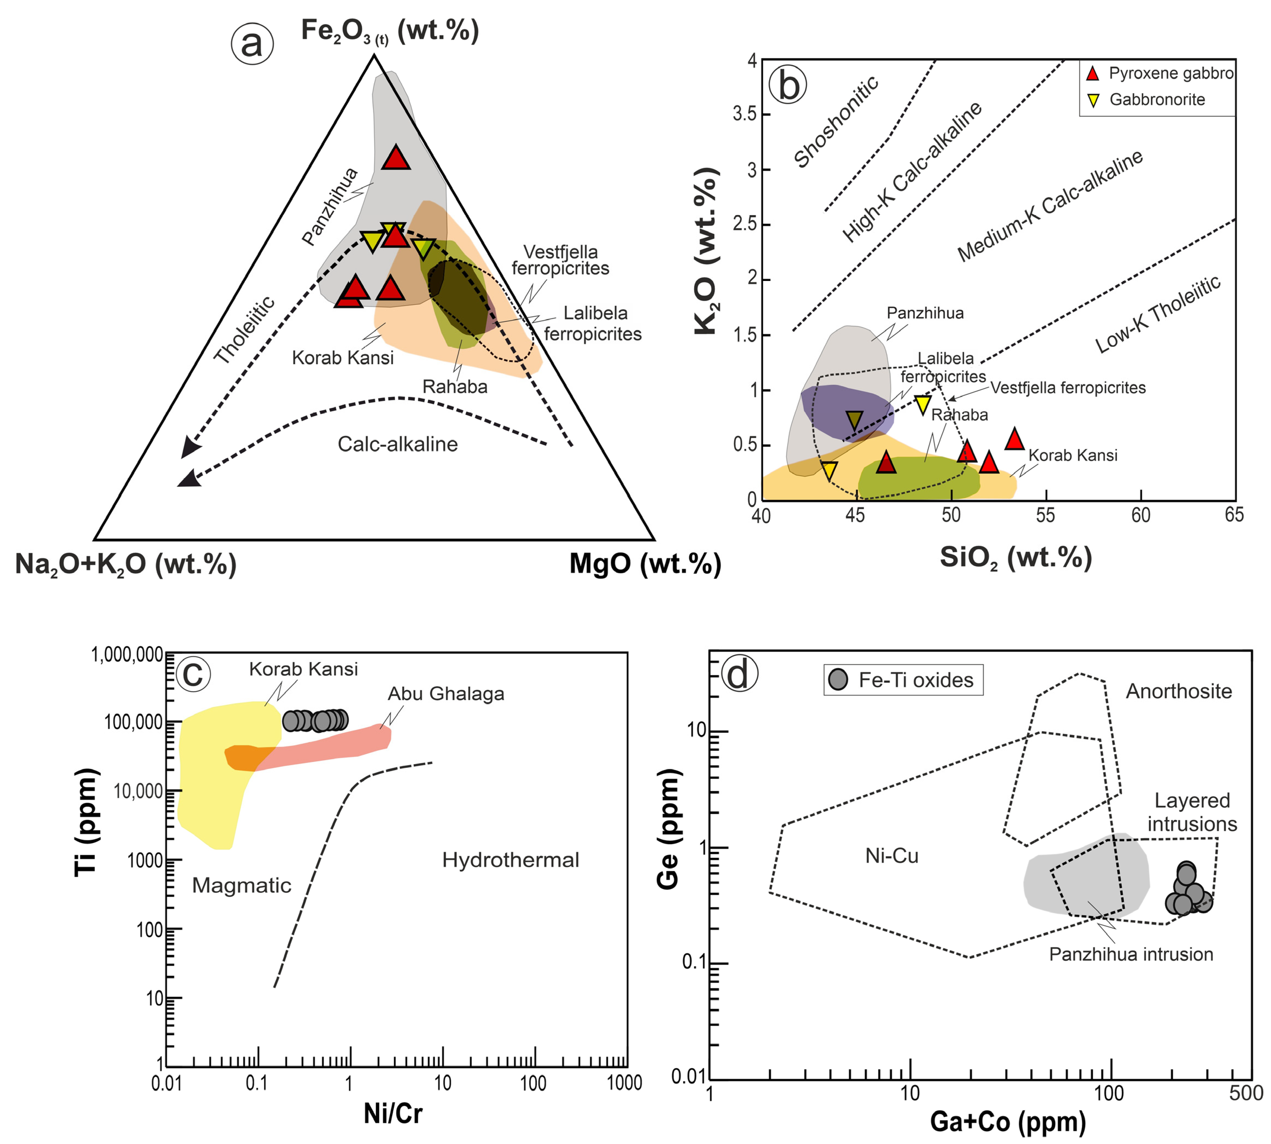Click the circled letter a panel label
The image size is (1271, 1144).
pos(252,44)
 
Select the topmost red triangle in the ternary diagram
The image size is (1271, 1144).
pos(396,158)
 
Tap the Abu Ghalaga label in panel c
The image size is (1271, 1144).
pos(446,694)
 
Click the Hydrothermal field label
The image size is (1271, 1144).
pos(510,860)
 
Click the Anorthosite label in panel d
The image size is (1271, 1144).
pos(1179,691)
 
